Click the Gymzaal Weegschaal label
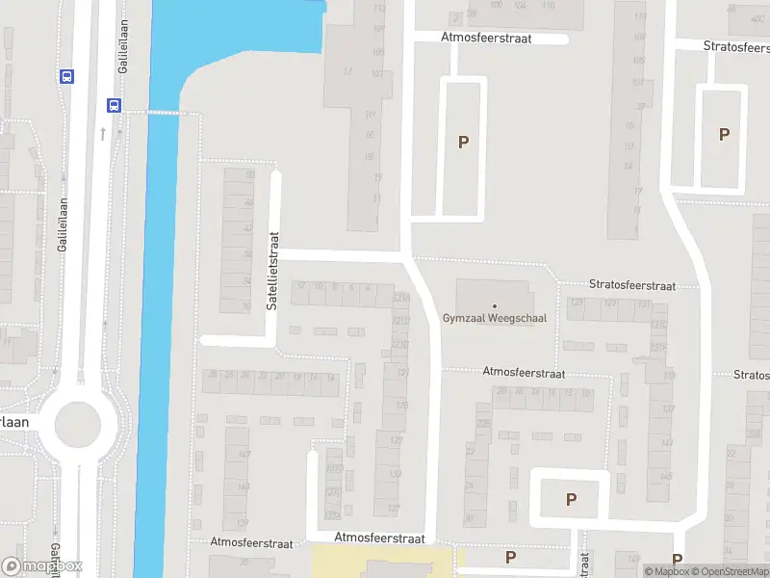coord(494,318)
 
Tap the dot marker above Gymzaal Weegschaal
coord(495,305)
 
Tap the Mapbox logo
coord(41,566)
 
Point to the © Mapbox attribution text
coord(668,572)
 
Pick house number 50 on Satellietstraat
coord(250,175)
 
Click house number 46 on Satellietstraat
coord(249,202)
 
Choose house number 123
coord(577,303)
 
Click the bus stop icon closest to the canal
coord(114,105)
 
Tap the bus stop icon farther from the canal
coord(66,76)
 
